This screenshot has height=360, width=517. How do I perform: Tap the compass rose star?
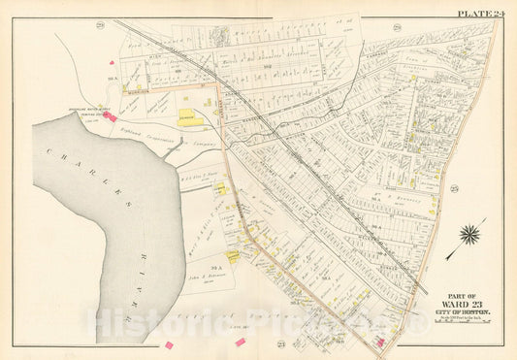469,233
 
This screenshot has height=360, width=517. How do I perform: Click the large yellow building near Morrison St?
188,117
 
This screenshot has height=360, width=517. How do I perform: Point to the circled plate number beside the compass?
452,190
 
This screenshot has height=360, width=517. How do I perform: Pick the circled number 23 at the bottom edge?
280,345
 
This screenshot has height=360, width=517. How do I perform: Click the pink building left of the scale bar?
380,342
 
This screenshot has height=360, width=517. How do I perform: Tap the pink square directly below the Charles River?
169,344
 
